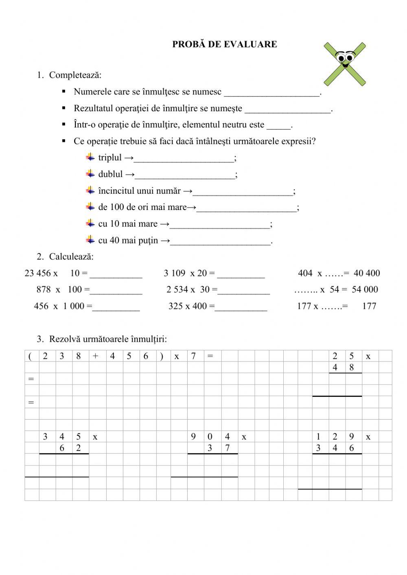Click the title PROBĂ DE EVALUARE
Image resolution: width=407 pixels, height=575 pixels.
pyautogui.click(x=224, y=44)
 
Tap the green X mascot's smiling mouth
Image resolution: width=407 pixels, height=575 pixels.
pyautogui.click(x=346, y=65)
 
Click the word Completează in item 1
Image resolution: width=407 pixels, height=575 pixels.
pyautogui.click(x=75, y=75)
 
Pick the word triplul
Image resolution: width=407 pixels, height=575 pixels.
pyautogui.click(x=110, y=158)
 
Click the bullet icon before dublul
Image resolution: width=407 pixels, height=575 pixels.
pyautogui.click(x=90, y=174)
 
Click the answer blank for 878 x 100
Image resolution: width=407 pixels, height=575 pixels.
pyautogui.click(x=116, y=291)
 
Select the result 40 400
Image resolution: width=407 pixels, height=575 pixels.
pyautogui.click(x=367, y=273)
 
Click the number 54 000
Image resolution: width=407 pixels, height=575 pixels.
pyautogui.click(x=365, y=289)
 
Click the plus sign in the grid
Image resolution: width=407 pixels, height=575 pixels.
pyautogui.click(x=96, y=356)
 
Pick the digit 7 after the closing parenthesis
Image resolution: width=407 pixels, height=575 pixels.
pyautogui.click(x=193, y=356)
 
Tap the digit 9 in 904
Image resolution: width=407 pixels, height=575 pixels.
pyautogui.click(x=193, y=437)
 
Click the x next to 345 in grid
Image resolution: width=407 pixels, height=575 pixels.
pyautogui.click(x=95, y=437)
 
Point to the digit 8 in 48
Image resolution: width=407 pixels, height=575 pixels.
pyautogui.click(x=352, y=367)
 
